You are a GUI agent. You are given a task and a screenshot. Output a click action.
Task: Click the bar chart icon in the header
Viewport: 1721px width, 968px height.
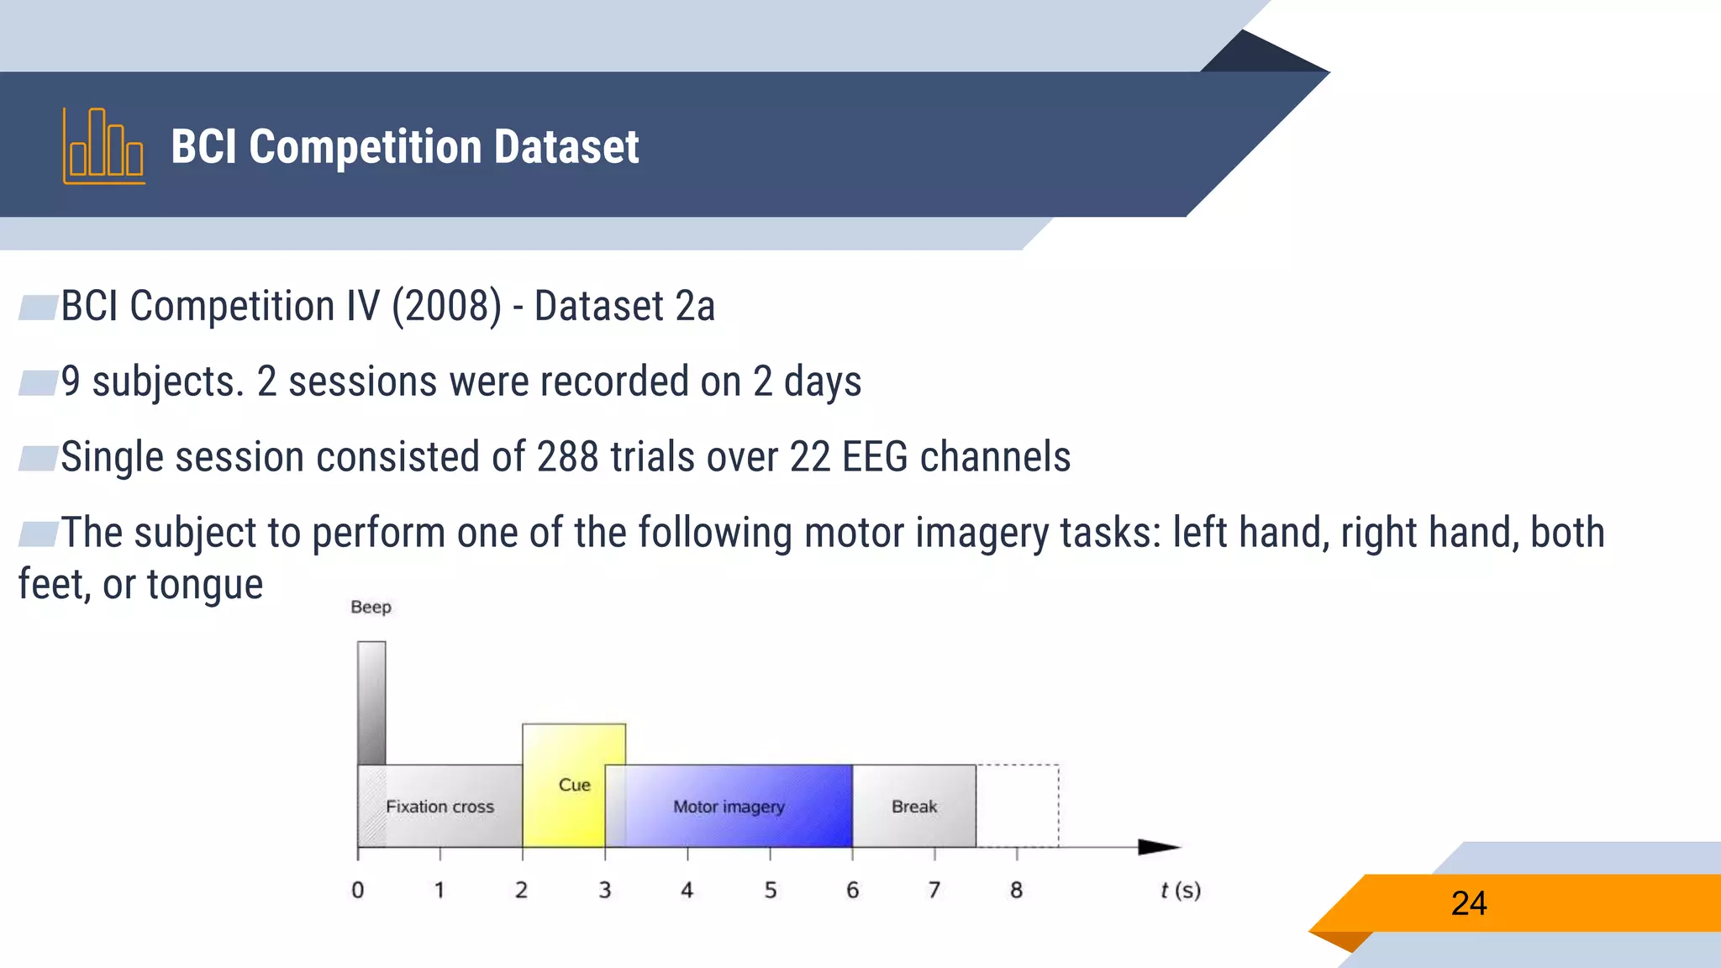coord(103,146)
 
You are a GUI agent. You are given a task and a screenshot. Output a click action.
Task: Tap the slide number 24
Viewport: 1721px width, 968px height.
coord(1468,903)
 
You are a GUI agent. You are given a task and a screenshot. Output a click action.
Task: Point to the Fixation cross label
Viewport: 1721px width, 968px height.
coord(439,807)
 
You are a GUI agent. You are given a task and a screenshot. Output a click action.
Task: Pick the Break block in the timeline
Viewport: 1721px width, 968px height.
coord(914,806)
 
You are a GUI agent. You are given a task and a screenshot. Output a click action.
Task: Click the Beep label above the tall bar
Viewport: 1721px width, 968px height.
coord(371,607)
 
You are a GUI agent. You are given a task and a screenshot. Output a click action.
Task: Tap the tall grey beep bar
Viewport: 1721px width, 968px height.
coord(371,702)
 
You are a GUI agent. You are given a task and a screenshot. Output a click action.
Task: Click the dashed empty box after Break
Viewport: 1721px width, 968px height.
coord(1017,805)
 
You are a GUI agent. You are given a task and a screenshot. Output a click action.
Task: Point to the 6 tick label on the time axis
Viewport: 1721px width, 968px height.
coord(852,890)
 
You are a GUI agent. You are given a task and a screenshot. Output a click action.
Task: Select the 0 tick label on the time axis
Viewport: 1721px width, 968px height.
coord(358,890)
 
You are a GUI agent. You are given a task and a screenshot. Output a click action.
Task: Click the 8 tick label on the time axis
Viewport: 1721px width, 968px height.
coord(1016,890)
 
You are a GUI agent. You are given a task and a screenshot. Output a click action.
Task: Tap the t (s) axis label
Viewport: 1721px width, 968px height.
coord(1180,890)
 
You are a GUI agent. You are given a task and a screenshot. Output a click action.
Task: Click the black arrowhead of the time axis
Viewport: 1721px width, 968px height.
coord(1158,847)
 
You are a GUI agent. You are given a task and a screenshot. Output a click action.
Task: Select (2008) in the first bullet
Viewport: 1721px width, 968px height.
coord(446,306)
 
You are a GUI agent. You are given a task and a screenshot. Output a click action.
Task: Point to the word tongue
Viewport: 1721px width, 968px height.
coord(204,584)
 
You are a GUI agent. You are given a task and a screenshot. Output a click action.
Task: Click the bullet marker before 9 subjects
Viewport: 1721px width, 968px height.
coord(37,382)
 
